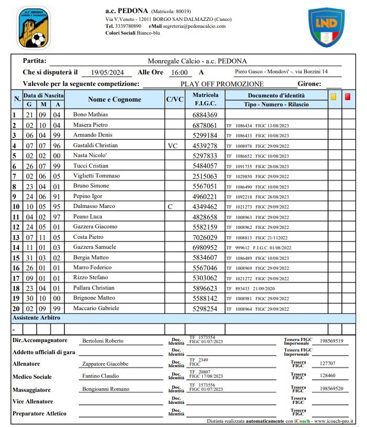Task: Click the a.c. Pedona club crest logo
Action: [34, 28]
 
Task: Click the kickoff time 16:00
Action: [180, 73]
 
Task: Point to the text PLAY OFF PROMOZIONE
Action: [222, 84]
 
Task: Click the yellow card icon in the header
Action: [333, 96]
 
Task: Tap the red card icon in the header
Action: [348, 96]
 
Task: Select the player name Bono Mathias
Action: [91, 115]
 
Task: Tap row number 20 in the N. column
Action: [16, 309]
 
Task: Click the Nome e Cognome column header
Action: [114, 100]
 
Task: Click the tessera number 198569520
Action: [331, 389]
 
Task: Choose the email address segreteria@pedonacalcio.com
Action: [195, 26]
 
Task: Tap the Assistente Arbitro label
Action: [37, 318]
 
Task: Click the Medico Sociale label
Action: [32, 377]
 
